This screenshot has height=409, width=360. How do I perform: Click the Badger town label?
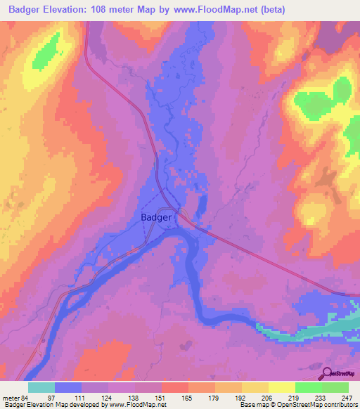155,217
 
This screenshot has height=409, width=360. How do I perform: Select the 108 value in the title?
104,8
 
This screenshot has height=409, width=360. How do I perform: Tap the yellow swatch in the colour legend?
281,388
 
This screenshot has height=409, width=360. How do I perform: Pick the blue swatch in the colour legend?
67,388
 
